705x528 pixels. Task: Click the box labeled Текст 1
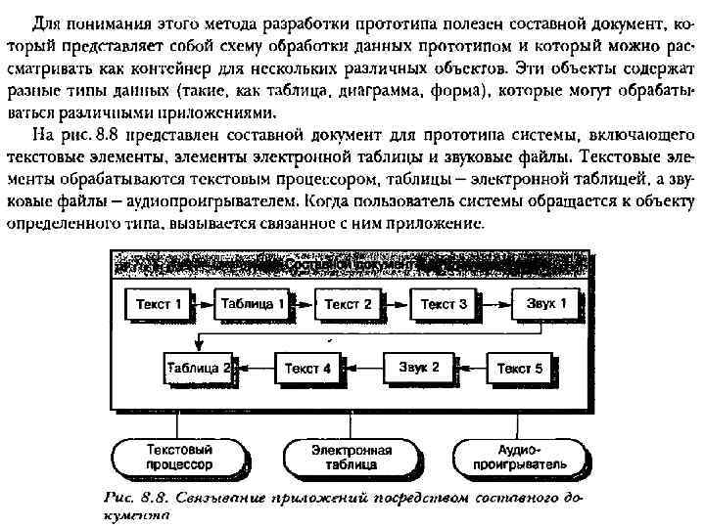158,304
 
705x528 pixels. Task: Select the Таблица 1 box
253,304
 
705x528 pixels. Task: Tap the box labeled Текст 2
348,304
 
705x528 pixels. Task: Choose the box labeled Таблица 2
199,369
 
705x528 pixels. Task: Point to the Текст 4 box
307,369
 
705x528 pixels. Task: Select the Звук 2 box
419,369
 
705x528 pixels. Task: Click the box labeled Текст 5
519,369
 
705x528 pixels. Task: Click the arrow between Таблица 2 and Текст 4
251,369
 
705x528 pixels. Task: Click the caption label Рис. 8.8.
137,496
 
